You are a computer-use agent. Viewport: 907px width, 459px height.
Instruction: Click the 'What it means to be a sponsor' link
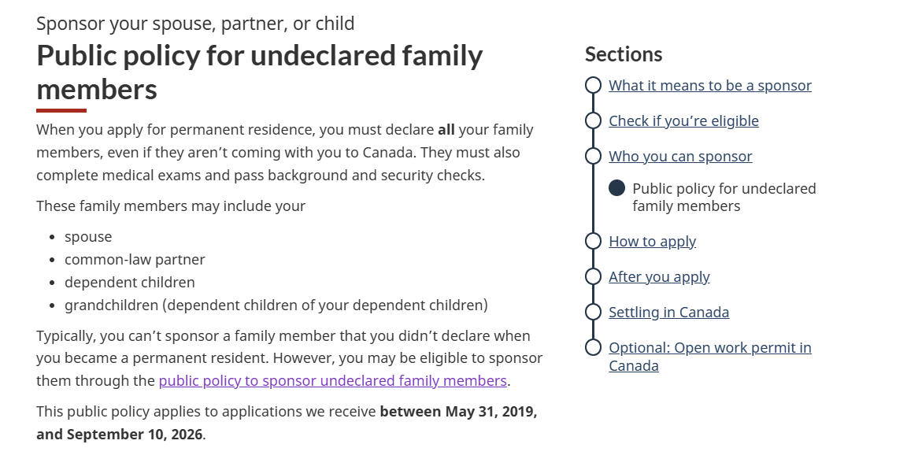(x=709, y=86)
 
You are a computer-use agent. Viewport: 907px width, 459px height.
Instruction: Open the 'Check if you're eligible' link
(x=683, y=120)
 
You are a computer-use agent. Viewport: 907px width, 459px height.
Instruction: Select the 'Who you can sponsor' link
(x=680, y=156)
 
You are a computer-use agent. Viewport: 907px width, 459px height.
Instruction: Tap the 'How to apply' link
(x=652, y=241)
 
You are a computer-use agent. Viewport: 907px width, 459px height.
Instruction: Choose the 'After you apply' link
(x=659, y=276)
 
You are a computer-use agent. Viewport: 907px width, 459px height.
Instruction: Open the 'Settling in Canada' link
(x=668, y=312)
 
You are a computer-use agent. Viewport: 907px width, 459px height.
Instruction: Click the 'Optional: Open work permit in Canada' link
(x=709, y=356)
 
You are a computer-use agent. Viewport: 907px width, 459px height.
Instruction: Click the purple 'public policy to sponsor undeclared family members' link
(x=332, y=380)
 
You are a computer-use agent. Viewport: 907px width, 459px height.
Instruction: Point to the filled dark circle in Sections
(x=616, y=188)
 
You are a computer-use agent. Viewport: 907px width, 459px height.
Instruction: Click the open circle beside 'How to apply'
(x=593, y=241)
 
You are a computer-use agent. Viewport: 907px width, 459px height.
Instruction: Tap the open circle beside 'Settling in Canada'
(x=593, y=312)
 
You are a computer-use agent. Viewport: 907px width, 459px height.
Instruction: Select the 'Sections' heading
(x=624, y=54)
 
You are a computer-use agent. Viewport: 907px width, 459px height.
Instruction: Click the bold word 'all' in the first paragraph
(x=446, y=129)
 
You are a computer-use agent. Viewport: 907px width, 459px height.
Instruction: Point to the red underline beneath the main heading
(x=61, y=110)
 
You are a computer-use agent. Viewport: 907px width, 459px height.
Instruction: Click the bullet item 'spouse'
(x=88, y=237)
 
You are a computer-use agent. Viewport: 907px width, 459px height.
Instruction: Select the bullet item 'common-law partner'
(x=134, y=260)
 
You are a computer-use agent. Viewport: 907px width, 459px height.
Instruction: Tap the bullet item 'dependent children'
(x=130, y=282)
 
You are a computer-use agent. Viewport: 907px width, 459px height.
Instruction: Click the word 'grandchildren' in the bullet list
(x=111, y=305)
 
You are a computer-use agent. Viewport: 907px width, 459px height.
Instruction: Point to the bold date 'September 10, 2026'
(x=135, y=434)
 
